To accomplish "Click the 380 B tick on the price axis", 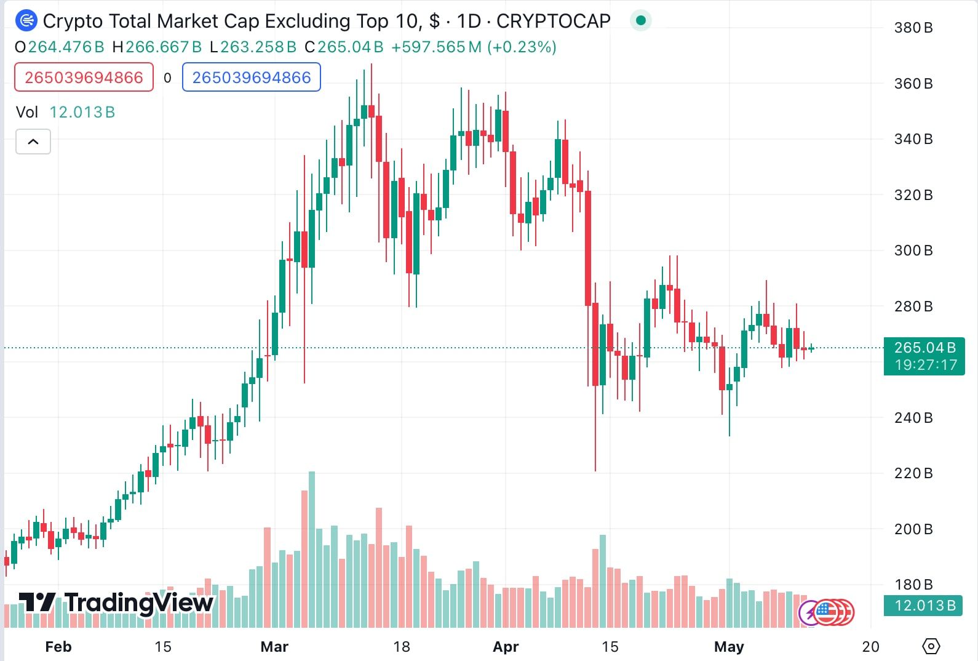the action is click(913, 28).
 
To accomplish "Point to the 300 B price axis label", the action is click(913, 250).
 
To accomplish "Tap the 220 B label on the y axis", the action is click(913, 473).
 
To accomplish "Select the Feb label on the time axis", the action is click(58, 647).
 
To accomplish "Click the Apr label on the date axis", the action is click(506, 647).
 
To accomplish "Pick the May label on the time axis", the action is click(729, 647).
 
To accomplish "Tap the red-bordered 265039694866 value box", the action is click(84, 78).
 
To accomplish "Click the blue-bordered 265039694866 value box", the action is click(252, 78).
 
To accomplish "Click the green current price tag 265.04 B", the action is click(924, 356).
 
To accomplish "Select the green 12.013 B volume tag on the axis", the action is click(923, 606).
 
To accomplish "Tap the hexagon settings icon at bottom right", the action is click(931, 646).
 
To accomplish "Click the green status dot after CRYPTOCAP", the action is click(641, 20).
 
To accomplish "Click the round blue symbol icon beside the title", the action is click(26, 20).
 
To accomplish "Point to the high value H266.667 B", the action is click(157, 47).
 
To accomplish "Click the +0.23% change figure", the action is click(522, 47).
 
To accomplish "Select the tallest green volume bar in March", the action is click(312, 550).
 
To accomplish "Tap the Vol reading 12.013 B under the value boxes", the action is click(82, 112).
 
